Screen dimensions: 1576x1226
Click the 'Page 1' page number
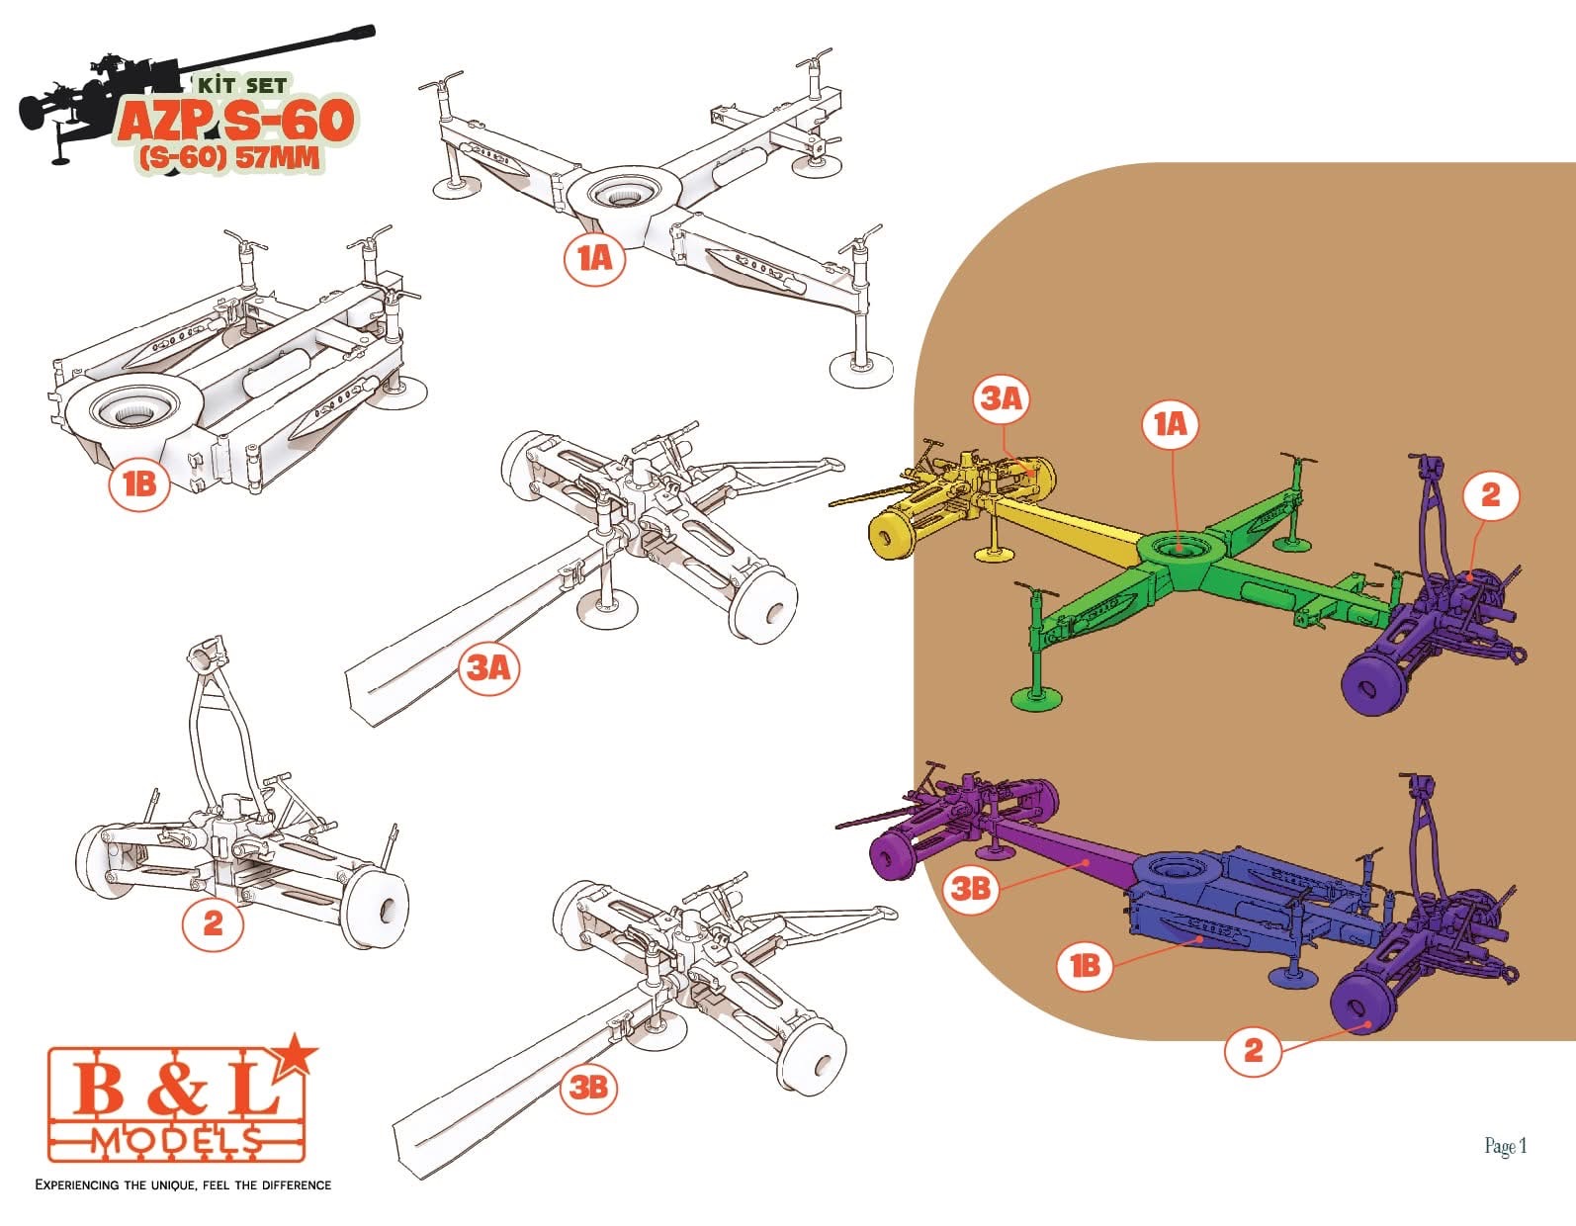(1506, 1146)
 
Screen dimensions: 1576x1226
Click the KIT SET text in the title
(243, 86)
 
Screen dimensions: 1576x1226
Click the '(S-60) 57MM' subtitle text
(229, 157)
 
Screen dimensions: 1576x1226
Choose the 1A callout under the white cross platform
(594, 258)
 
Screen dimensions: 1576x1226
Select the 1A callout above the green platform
(1170, 424)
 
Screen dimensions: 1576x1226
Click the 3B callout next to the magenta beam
(971, 888)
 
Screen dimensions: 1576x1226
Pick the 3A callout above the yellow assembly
(1003, 398)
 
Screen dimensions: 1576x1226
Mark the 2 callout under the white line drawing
(213, 922)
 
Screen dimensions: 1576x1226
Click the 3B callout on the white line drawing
(587, 1087)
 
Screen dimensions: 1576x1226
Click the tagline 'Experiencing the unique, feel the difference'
(184, 1184)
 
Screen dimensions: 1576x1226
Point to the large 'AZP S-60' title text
(236, 121)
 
